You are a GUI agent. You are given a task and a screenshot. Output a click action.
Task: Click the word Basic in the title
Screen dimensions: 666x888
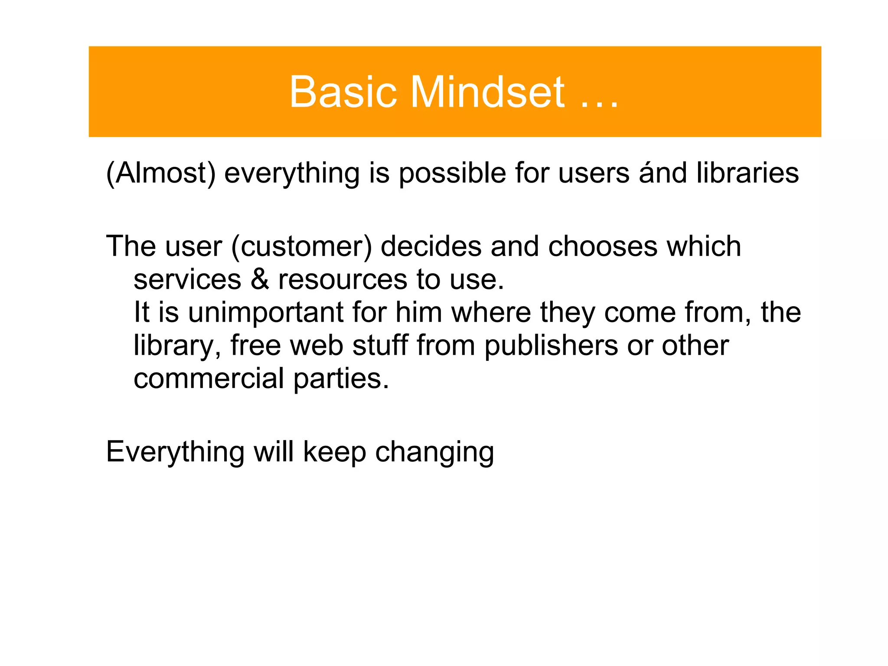pos(343,92)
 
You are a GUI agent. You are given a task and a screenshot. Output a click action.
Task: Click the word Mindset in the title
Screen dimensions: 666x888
pos(487,92)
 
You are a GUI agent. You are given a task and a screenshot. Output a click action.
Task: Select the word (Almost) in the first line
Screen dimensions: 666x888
pos(160,173)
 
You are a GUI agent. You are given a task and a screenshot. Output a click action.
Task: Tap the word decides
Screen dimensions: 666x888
pos(431,246)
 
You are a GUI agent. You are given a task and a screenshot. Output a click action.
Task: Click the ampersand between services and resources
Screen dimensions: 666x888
pos(260,280)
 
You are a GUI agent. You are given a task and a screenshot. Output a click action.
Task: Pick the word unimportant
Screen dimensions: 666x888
pos(266,313)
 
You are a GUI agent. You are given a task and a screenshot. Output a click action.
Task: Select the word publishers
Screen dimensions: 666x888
pos(551,346)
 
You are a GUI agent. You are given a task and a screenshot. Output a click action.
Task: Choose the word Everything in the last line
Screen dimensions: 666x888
pos(175,453)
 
